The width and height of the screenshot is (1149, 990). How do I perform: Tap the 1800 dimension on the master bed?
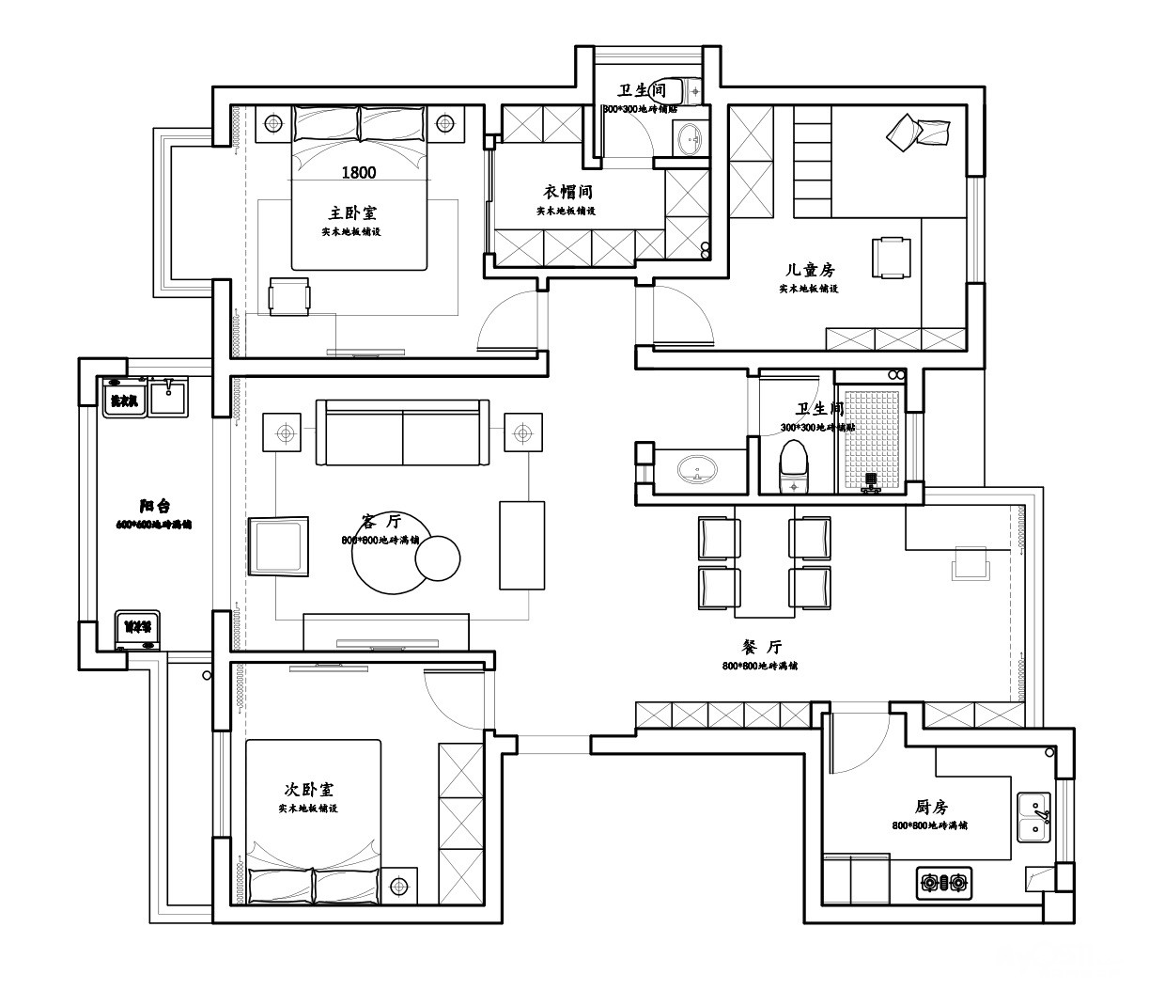[x=359, y=172]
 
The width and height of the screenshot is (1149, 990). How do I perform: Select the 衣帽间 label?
[x=567, y=192]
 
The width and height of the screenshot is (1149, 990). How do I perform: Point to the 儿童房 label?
[x=809, y=270]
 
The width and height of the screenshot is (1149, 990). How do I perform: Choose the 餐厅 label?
[x=761, y=647]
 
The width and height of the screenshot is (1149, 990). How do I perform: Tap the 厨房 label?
[x=930, y=807]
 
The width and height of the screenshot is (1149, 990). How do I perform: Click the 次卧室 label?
[x=308, y=789]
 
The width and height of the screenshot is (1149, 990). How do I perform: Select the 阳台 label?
[x=154, y=506]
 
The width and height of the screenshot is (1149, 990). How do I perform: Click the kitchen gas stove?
[x=944, y=882]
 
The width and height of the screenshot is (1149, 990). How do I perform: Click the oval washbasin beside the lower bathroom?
[x=696, y=467]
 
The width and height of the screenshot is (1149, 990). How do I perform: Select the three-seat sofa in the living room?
[x=402, y=432]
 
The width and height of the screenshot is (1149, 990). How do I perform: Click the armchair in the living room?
[x=279, y=545]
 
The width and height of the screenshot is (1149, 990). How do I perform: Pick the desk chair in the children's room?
[x=892, y=257]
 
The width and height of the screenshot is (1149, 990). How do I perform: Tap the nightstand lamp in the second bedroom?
[x=398, y=886]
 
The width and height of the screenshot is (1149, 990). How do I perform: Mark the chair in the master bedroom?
[x=289, y=297]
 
